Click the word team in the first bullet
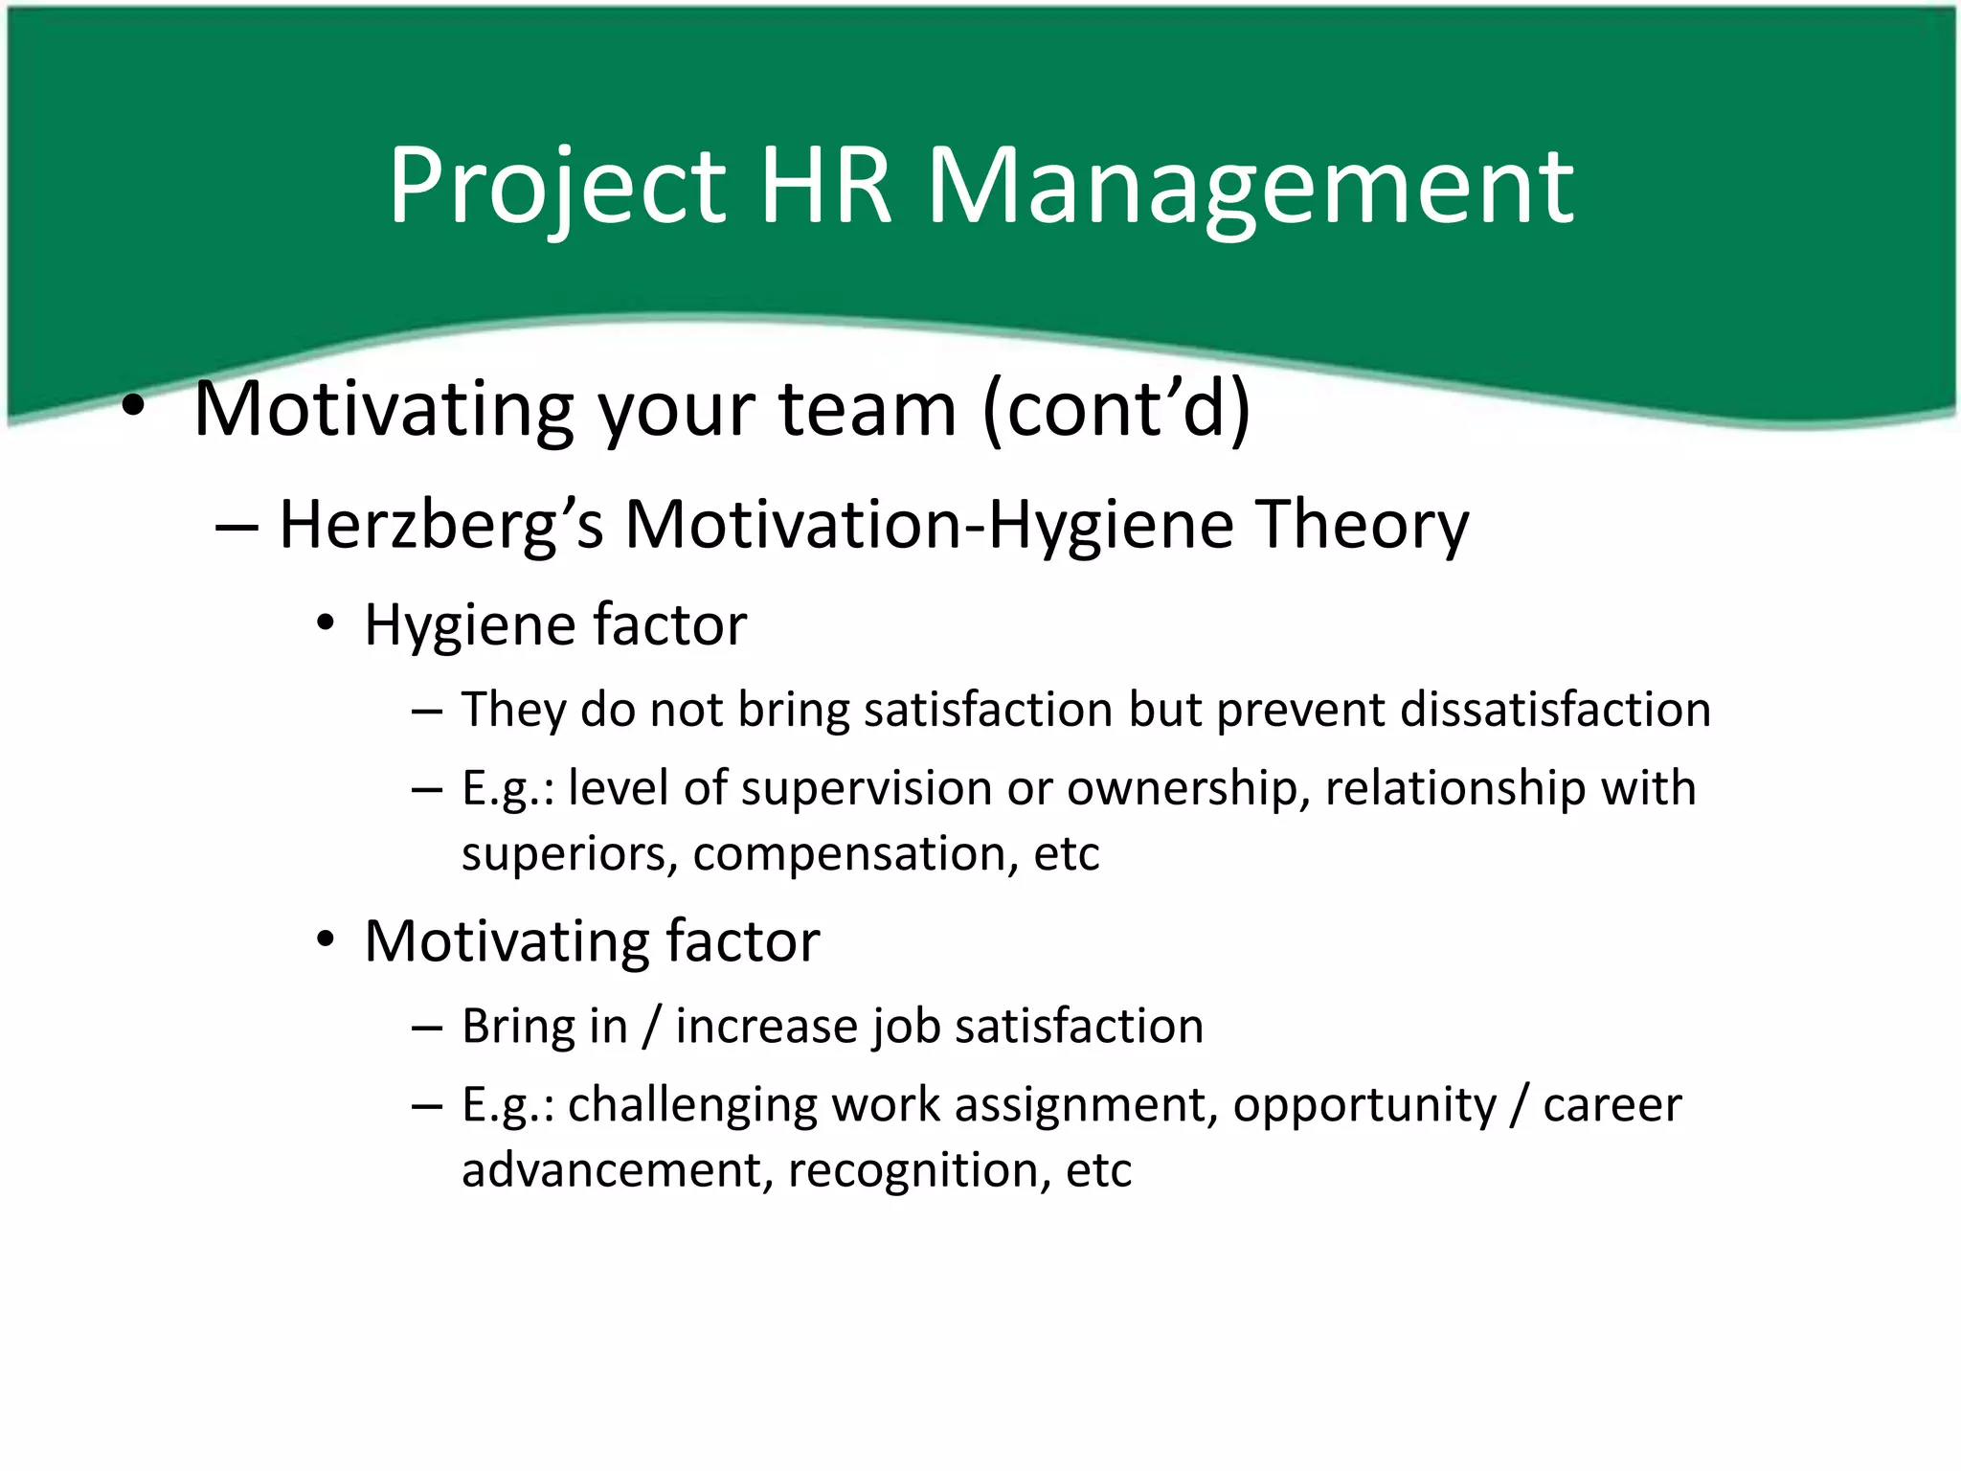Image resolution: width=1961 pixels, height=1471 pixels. click(x=868, y=410)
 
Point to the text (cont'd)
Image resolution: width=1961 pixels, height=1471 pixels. click(x=1116, y=410)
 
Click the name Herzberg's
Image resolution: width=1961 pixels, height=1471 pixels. click(x=440, y=526)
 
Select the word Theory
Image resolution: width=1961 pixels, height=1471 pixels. click(x=1362, y=526)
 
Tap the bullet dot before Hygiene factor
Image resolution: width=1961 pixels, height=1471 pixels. click(x=327, y=624)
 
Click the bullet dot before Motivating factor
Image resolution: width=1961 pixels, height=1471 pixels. click(x=327, y=940)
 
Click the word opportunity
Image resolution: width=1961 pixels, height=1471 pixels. click(x=1364, y=1106)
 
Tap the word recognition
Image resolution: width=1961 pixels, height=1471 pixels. click(x=919, y=1170)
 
